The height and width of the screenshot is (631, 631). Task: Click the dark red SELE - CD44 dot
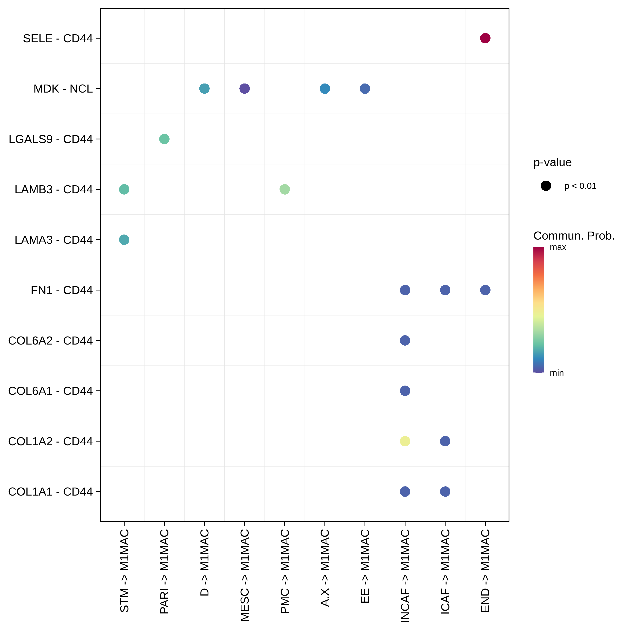pyautogui.click(x=485, y=38)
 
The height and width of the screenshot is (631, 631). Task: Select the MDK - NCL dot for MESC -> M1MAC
pyautogui.click(x=244, y=89)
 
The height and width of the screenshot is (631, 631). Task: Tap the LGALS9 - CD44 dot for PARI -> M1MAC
pyautogui.click(x=164, y=139)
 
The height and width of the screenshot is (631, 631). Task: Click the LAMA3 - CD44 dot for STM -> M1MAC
pyautogui.click(x=124, y=240)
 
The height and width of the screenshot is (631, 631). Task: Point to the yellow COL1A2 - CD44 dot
pyautogui.click(x=405, y=441)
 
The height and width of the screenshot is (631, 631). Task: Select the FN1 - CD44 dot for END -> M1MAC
pyautogui.click(x=485, y=290)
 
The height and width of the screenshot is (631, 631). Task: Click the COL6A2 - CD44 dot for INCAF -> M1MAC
pyautogui.click(x=405, y=340)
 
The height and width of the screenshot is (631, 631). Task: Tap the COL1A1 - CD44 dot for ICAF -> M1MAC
pyautogui.click(x=445, y=492)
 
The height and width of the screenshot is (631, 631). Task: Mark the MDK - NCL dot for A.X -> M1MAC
pyautogui.click(x=325, y=89)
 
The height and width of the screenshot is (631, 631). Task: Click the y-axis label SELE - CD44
pyautogui.click(x=58, y=38)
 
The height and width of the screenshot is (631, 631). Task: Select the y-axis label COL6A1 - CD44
pyautogui.click(x=50, y=391)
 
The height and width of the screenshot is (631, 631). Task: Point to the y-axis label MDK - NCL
pyautogui.click(x=63, y=89)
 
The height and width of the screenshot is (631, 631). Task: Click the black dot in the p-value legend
pyautogui.click(x=546, y=186)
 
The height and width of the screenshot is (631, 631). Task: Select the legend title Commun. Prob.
pyautogui.click(x=574, y=236)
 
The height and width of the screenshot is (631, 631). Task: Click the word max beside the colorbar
pyautogui.click(x=558, y=247)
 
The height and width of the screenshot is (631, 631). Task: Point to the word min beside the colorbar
pyautogui.click(x=557, y=373)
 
